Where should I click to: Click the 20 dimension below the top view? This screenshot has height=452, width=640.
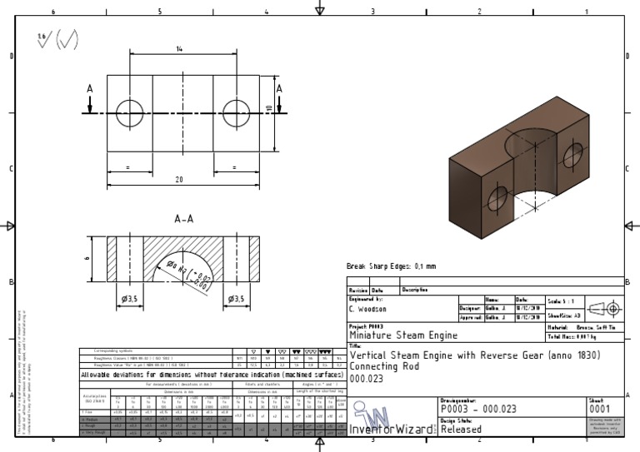point(177,180)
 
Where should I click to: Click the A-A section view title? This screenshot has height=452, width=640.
point(184,220)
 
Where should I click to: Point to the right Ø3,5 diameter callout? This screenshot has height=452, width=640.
point(236,299)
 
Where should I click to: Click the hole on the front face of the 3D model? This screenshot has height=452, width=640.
point(497,199)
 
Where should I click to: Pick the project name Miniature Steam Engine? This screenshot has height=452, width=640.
point(403,335)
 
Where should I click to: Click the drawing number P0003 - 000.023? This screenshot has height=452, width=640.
point(483,410)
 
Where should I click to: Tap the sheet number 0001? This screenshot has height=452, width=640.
point(600,410)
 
